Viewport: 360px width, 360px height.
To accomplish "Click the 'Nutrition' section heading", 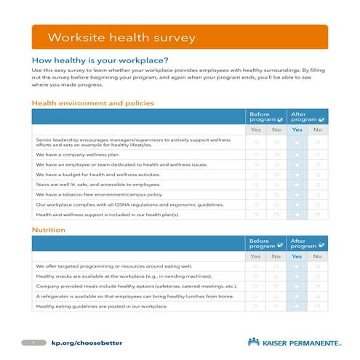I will pyautogui.click(x=49, y=230).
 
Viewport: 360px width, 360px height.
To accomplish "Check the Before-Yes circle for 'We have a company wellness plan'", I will pyautogui.click(x=256, y=154).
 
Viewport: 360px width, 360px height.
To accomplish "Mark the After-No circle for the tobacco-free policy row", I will pyautogui.click(x=318, y=195).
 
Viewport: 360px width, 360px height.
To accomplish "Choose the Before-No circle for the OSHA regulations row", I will pyautogui.click(x=276, y=205).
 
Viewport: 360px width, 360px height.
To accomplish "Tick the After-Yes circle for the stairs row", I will pyautogui.click(x=297, y=185).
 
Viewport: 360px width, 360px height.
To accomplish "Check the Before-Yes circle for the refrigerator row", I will pyautogui.click(x=256, y=296).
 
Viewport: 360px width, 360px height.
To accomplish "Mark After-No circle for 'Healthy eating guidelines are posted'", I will pyautogui.click(x=318, y=306).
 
